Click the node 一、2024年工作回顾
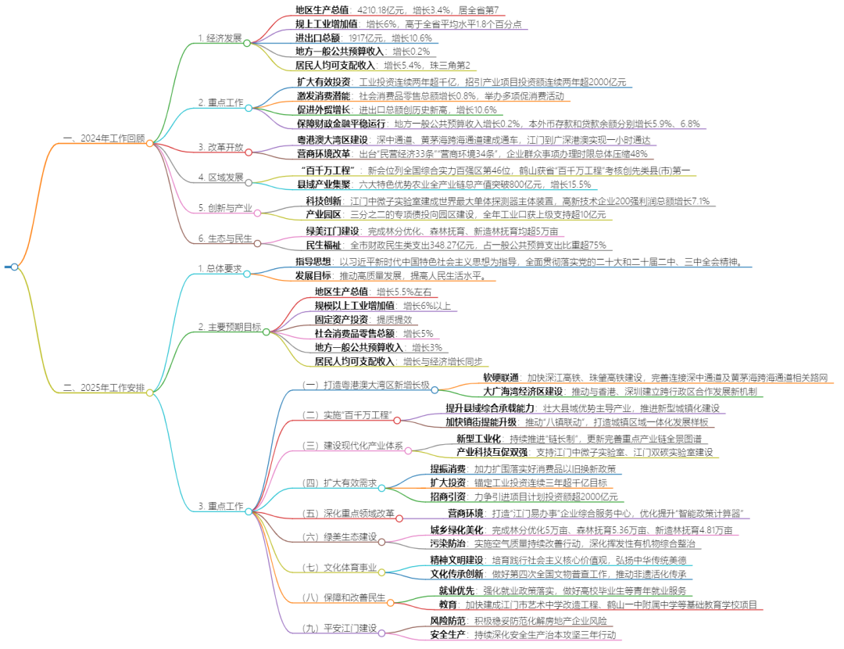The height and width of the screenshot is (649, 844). pyautogui.click(x=103, y=138)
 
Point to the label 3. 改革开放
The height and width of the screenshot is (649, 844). pyautogui.click(x=220, y=146)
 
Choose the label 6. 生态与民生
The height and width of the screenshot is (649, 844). pyautogui.click(x=226, y=238)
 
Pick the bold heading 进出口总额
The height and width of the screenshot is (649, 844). pyautogui.click(x=317, y=38)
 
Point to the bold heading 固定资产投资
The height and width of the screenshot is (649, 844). pyautogui.click(x=342, y=319)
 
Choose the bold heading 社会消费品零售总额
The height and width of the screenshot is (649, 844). pyautogui.click(x=353, y=333)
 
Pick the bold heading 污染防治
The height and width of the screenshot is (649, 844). pyautogui.click(x=446, y=543)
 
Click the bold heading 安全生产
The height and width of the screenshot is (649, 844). pyautogui.click(x=448, y=633)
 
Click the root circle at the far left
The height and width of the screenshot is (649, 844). pyautogui.click(x=14, y=267)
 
